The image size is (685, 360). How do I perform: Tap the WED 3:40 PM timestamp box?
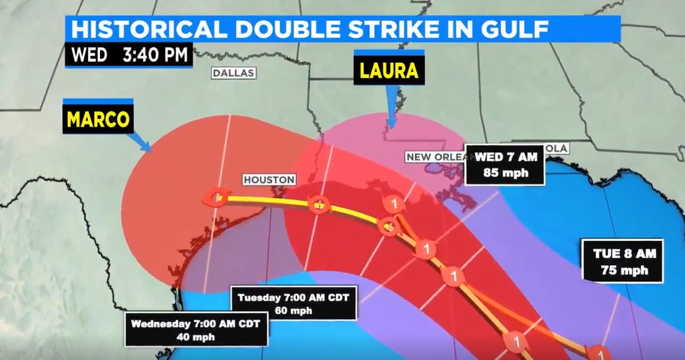129,55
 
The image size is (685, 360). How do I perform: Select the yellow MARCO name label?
98,120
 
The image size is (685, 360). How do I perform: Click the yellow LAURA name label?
389,71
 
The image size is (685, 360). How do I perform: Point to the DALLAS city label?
233,73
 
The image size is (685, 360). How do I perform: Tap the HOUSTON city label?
269,180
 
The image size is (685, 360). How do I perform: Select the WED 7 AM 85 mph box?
505,164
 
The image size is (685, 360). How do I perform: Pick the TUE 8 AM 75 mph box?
624,262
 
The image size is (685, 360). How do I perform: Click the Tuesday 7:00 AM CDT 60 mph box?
293,303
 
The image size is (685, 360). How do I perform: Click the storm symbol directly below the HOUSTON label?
318,203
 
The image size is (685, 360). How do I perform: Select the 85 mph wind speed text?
505,173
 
